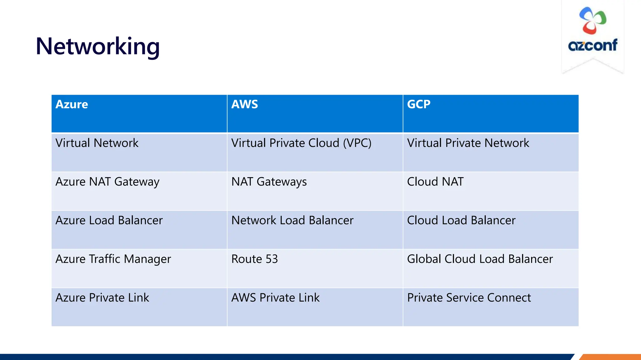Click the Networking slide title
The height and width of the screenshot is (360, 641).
point(98,46)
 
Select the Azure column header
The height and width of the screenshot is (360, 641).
point(72,104)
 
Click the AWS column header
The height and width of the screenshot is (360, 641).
point(244,104)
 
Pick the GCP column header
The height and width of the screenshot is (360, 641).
point(418,104)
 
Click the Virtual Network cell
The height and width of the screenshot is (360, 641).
point(97,143)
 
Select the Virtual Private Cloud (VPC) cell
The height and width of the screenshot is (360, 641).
point(301,143)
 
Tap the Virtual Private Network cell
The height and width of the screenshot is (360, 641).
point(468,143)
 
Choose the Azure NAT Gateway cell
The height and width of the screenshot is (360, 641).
point(107,182)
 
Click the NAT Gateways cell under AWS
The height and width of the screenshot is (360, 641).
point(269,182)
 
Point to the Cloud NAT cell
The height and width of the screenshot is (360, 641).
point(435,182)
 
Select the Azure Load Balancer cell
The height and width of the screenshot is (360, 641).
point(109,221)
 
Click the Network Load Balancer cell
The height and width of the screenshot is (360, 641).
point(292,221)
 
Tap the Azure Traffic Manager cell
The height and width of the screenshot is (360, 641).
point(113,259)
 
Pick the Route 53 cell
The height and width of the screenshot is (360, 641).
point(254,259)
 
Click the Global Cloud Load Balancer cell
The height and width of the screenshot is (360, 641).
point(479,259)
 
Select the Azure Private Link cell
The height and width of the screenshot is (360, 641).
point(102,298)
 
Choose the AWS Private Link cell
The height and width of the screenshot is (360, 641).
point(275,298)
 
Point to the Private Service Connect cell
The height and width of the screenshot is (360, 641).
point(469,298)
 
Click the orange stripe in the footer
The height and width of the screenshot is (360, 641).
point(610,357)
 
